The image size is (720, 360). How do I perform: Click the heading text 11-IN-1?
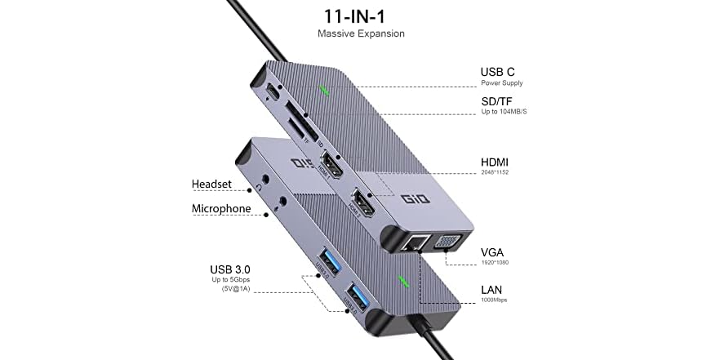[x=361, y=15]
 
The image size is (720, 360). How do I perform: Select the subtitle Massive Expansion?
[x=361, y=34]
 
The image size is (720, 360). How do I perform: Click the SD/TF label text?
[x=498, y=99]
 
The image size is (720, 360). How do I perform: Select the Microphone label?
[x=221, y=209]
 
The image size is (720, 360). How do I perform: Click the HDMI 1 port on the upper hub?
[x=331, y=166]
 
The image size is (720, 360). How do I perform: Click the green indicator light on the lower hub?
[x=402, y=283]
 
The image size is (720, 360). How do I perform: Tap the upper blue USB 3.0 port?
[x=322, y=261]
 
